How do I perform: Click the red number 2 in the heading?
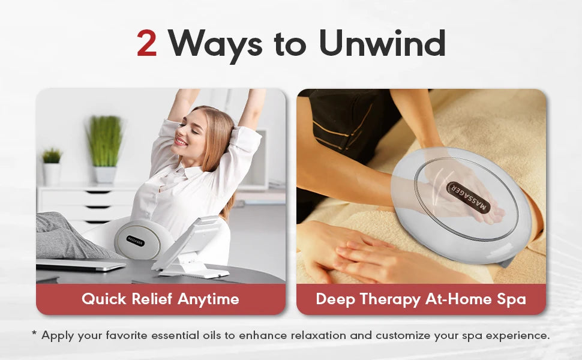147,44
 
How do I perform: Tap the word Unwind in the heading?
382,44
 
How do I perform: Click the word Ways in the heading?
215,44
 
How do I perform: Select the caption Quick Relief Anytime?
160,299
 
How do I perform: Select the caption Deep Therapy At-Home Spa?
421,299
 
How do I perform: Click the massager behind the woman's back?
137,239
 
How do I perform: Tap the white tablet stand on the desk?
192,246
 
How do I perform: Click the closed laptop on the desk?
81,265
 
